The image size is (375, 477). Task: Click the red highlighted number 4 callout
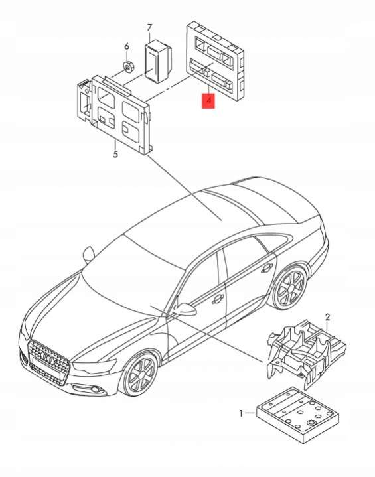point(208,100)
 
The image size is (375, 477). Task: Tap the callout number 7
point(149,28)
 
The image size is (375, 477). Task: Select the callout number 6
point(127,46)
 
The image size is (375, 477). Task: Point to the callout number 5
point(115,154)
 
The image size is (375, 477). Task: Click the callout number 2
point(327,318)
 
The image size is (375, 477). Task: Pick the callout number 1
point(241,413)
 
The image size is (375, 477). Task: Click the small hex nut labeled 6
point(129,66)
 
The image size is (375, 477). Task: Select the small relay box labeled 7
point(158,60)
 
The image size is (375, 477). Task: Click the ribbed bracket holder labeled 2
point(306,354)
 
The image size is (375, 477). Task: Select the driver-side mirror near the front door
point(184,308)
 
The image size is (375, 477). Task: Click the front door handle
point(218,299)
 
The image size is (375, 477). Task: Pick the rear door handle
point(267,267)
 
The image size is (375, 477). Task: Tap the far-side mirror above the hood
point(88,253)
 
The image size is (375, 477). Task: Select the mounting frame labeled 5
point(114,114)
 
